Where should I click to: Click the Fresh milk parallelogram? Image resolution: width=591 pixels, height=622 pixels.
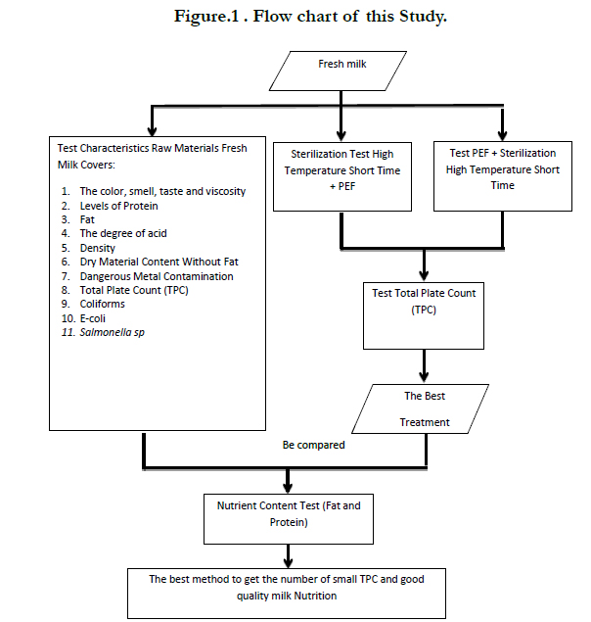338,71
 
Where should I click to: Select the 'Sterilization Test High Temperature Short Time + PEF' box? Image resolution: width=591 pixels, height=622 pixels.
342,176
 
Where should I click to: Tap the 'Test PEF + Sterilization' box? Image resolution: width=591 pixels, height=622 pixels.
503,175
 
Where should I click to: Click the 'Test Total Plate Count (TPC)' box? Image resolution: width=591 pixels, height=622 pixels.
424,315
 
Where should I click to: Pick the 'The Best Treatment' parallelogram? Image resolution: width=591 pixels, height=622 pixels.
420,408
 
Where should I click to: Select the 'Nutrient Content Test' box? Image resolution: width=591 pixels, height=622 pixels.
289,519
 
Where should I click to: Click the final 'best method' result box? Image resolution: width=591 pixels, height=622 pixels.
286,594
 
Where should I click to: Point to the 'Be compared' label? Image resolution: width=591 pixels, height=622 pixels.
313,445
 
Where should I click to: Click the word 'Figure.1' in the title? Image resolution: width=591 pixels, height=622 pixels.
206,17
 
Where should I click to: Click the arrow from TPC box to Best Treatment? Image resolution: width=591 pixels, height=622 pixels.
424,366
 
